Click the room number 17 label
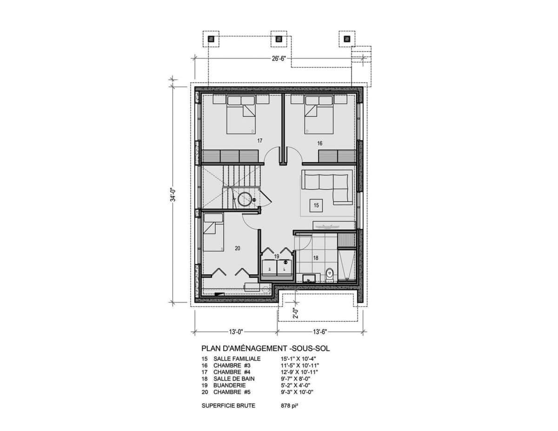click(259, 141)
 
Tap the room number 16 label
click(320, 143)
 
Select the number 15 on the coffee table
click(316, 206)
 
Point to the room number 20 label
click(238, 248)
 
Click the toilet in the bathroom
click(329, 275)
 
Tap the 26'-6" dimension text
click(279, 59)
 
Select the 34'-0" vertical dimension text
click(173, 195)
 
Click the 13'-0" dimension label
click(236, 332)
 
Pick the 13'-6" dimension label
click(320, 332)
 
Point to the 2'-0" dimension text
click(296, 313)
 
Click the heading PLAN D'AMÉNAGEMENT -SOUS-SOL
click(266, 348)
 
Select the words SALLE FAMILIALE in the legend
click(237, 358)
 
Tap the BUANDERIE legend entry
click(229, 385)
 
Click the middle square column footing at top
click(279, 39)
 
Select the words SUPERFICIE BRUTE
click(228, 405)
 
